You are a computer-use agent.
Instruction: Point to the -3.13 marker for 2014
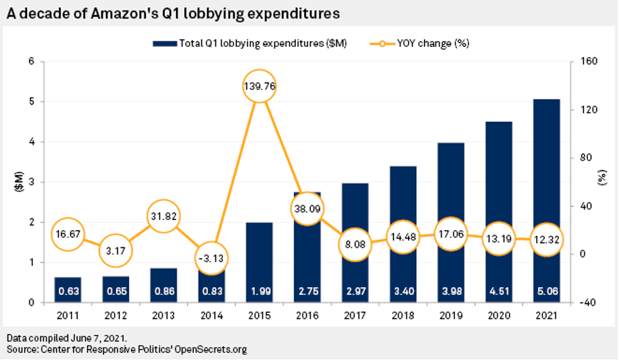pos(210,258)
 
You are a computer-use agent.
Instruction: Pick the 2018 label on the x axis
pos(402,315)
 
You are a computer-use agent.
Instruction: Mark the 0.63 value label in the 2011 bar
pos(68,292)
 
